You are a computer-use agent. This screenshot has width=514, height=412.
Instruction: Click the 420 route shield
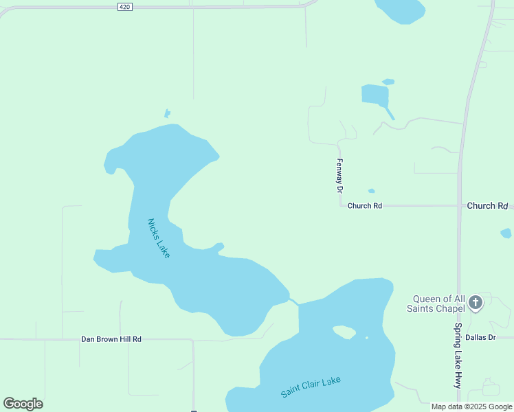[124, 6]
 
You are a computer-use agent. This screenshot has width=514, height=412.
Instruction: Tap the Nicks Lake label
[158, 238]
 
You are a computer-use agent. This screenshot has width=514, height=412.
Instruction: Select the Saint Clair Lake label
[311, 387]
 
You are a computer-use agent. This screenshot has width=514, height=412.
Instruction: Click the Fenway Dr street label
[339, 175]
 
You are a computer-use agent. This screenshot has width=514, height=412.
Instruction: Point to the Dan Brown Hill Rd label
[111, 339]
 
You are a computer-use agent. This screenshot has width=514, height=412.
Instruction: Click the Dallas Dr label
[480, 337]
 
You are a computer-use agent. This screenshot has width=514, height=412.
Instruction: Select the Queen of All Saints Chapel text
[438, 304]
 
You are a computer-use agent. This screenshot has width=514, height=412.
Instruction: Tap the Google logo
[23, 404]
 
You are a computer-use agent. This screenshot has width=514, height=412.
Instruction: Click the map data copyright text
[472, 407]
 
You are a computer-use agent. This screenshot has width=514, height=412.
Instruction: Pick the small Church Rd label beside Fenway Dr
[364, 206]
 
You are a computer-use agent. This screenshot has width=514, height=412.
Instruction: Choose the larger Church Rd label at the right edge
[487, 206]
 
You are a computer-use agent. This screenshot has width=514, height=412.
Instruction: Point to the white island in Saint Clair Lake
[344, 332]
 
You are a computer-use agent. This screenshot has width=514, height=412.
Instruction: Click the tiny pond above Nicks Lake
[166, 113]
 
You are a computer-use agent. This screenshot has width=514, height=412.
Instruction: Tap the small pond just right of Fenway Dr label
[371, 191]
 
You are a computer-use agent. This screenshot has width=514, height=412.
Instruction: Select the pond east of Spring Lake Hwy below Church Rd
[506, 233]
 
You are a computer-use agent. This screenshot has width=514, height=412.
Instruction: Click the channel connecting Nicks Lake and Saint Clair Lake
[294, 302]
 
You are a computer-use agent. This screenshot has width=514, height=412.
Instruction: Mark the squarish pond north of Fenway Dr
[375, 94]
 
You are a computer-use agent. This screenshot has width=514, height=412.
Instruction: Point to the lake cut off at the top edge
[400, 10]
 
